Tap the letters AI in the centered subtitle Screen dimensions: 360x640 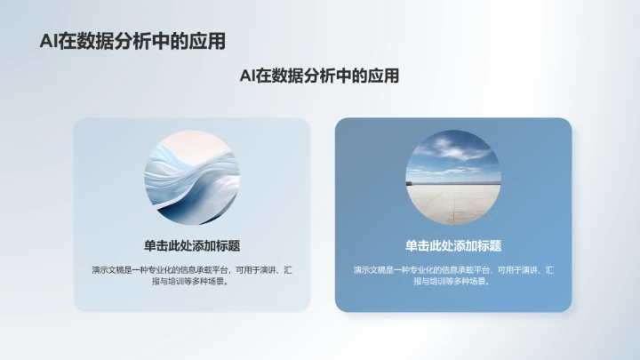pyautogui.click(x=248, y=76)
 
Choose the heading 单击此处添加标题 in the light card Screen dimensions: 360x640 pyautogui.click(x=191, y=245)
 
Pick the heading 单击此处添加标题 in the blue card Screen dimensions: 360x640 pyautogui.click(x=452, y=245)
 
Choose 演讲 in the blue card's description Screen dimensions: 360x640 pyautogui.click(x=524, y=268)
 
